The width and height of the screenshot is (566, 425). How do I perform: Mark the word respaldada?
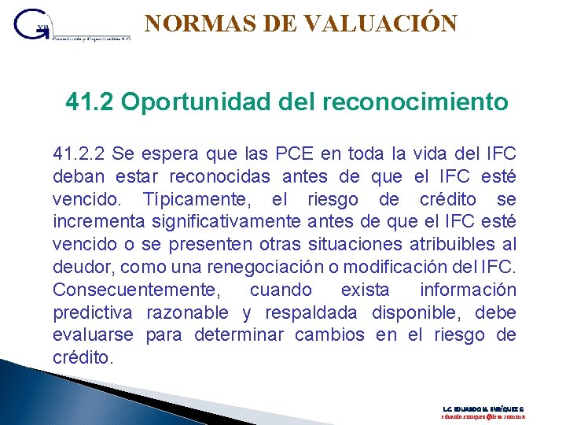311,312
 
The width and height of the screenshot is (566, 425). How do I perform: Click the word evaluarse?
94,334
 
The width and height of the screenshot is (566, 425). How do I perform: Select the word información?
468,289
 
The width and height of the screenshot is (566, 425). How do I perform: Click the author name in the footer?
483,409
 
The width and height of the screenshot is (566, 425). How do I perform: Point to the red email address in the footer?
483,419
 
